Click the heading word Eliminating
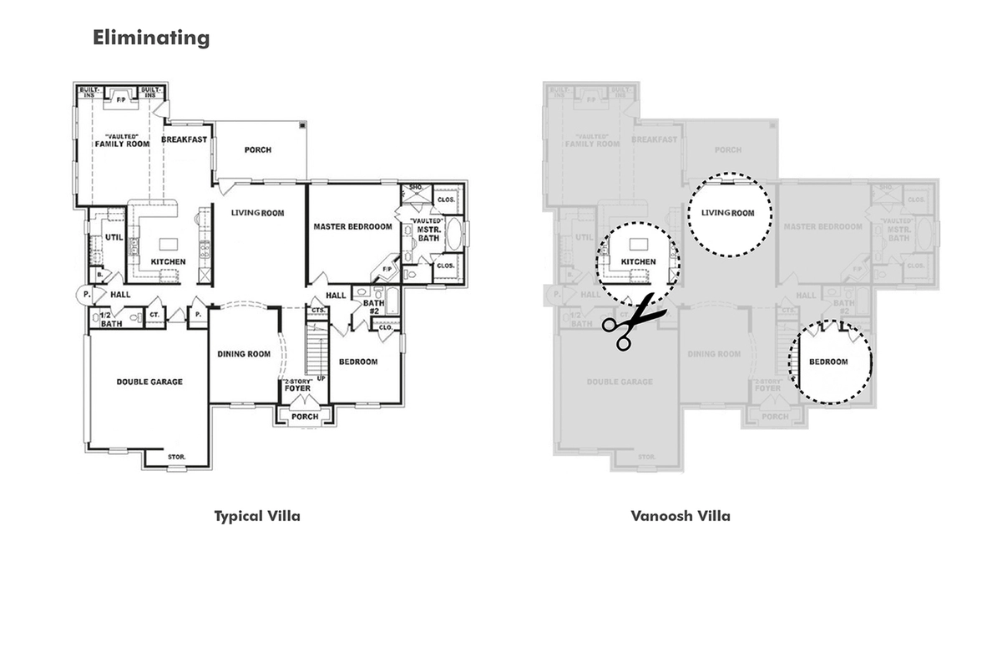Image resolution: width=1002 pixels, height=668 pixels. click(151, 38)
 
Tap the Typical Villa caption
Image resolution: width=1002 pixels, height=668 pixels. click(257, 516)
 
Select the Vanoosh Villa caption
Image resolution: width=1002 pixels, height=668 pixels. click(681, 516)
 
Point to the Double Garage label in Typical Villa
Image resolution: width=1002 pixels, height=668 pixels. click(149, 382)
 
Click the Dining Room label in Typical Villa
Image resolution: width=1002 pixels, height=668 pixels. click(244, 354)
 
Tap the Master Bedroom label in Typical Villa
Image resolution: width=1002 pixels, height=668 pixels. click(352, 226)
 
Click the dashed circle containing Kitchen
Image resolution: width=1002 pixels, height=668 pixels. click(638, 262)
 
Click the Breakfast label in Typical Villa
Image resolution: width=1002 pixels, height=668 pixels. click(184, 139)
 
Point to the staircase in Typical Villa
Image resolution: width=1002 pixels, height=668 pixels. click(316, 351)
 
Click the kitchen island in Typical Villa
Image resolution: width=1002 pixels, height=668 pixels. click(170, 243)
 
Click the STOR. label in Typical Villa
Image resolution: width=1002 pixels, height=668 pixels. click(176, 457)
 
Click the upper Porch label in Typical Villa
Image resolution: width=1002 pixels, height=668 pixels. click(257, 150)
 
